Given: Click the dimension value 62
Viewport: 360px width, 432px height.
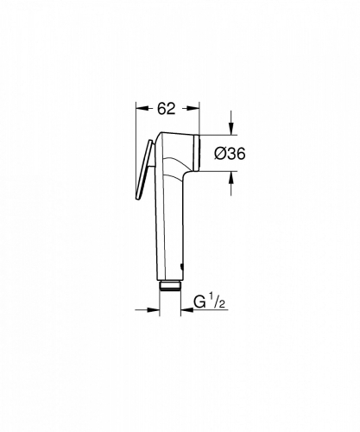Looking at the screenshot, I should (167, 108).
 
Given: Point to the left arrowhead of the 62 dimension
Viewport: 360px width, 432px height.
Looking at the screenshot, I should (142, 108).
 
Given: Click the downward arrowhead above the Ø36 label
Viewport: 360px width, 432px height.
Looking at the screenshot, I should (231, 130).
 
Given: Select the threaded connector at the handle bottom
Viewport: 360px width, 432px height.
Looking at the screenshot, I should (169, 289).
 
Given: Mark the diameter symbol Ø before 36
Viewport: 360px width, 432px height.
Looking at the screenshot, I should (217, 152).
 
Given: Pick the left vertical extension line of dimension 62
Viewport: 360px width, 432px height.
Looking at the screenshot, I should (138, 121).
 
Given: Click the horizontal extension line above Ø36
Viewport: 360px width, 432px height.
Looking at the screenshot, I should (216, 135).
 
